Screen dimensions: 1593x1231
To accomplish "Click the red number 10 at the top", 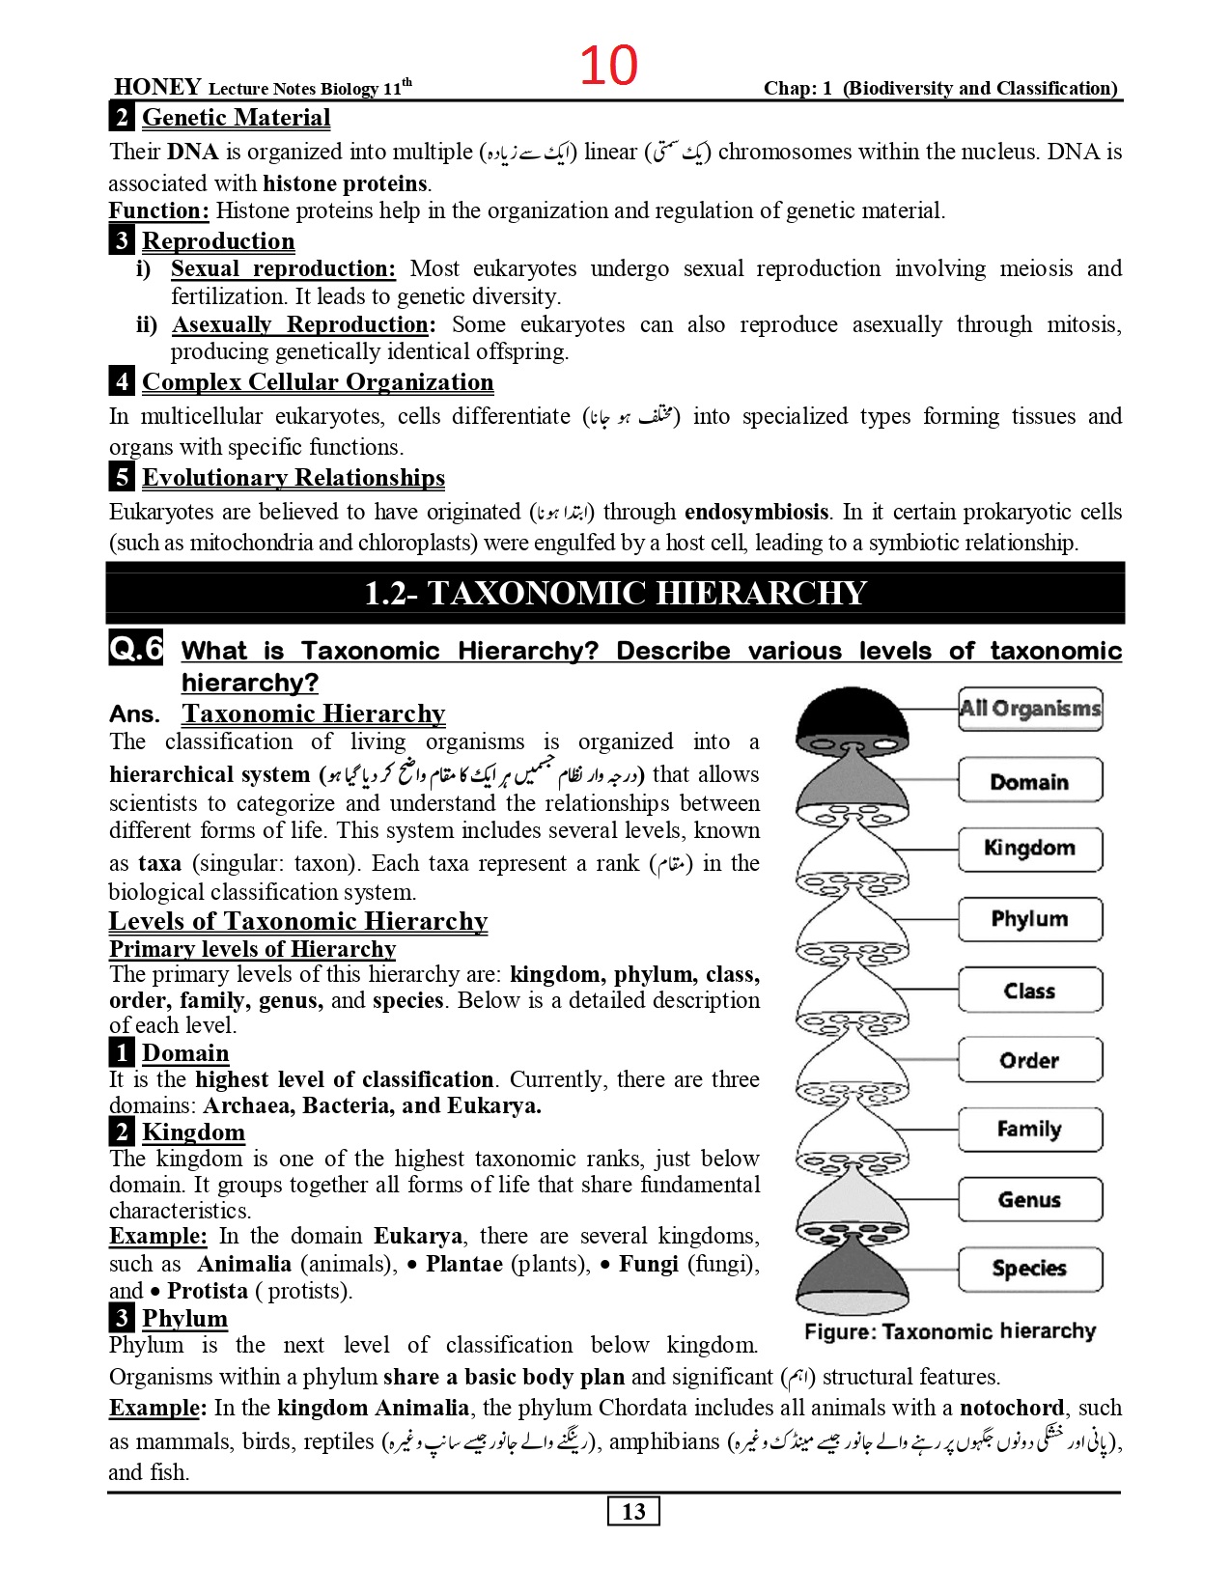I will [608, 66].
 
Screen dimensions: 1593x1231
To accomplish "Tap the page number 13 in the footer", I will [633, 1511].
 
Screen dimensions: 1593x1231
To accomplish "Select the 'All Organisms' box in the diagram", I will [1029, 709].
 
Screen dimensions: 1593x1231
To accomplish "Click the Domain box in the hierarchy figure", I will [1029, 781].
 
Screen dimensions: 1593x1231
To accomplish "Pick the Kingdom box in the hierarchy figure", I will [1029, 849].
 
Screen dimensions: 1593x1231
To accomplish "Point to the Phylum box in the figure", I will [1029, 919].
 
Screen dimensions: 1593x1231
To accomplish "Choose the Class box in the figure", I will [1029, 991].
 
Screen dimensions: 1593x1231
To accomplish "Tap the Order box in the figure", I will [1029, 1060].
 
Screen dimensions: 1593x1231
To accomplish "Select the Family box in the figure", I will [1029, 1129].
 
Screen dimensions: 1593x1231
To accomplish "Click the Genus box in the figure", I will [1029, 1200].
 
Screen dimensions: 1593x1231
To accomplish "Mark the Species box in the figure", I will [1029, 1269].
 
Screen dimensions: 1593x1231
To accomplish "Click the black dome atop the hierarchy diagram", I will [852, 714].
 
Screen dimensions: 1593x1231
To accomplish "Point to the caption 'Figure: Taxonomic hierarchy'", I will [950, 1331].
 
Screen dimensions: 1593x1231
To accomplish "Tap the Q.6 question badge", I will [136, 649].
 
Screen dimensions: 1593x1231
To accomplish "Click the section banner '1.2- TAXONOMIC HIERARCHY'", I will [615, 593].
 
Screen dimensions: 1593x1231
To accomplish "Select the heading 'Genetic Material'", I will [236, 118].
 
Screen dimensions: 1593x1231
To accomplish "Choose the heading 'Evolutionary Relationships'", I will [294, 478].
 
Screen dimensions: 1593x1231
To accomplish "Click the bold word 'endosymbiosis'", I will [756, 512].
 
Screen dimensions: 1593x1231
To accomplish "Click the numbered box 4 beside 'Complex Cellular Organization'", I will [121, 382].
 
